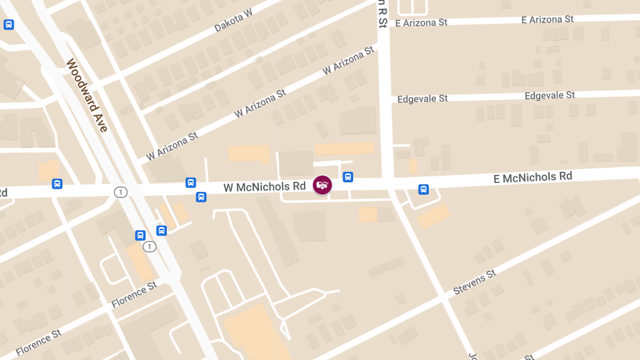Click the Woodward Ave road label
87,95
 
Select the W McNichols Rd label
265,187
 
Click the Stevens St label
475,282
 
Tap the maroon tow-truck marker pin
322,185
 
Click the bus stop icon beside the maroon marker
348,177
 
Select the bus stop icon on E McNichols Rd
423,189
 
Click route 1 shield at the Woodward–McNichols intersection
121,192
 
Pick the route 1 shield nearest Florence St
150,246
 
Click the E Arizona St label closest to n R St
421,23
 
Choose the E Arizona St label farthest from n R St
547,19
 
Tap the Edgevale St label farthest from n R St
550,95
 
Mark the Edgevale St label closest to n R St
422,99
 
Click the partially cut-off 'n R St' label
382,14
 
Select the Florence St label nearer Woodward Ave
134,295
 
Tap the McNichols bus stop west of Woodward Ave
57,184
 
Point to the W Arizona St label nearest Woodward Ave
172,146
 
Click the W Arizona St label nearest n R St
348,61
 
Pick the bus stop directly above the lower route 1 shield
140,235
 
